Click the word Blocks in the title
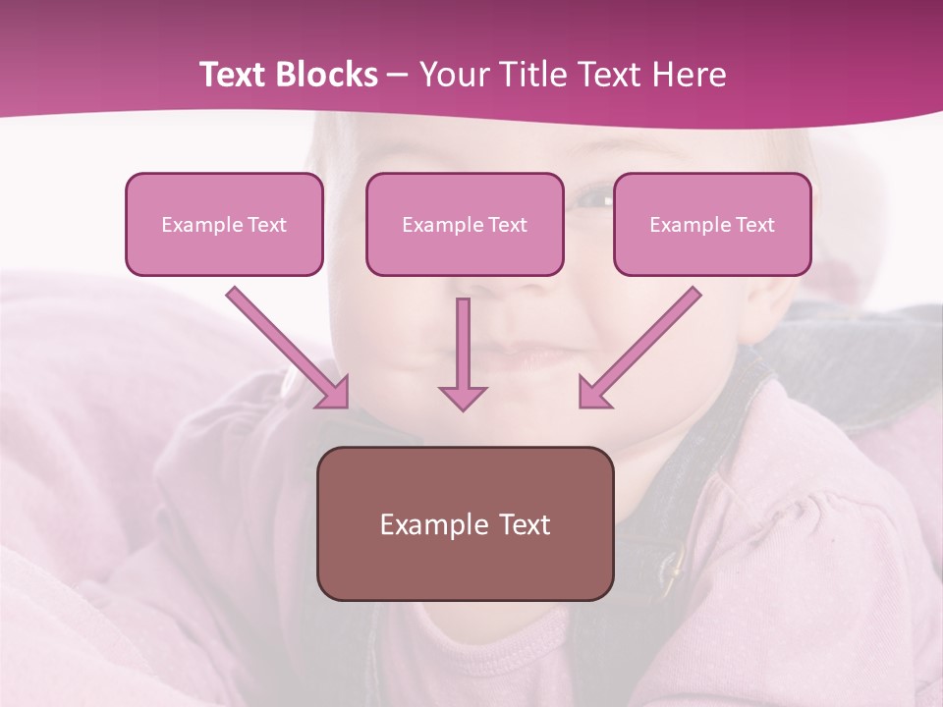click(328, 75)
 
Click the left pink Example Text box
click(224, 225)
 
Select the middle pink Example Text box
click(465, 225)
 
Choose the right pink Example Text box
click(712, 225)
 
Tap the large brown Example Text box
click(465, 524)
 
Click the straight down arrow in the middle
click(463, 349)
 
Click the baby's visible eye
click(593, 199)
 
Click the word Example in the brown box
click(420, 524)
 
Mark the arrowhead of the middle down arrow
click(463, 397)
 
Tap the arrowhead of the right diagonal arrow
click(592, 393)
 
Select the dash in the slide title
click(398, 75)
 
